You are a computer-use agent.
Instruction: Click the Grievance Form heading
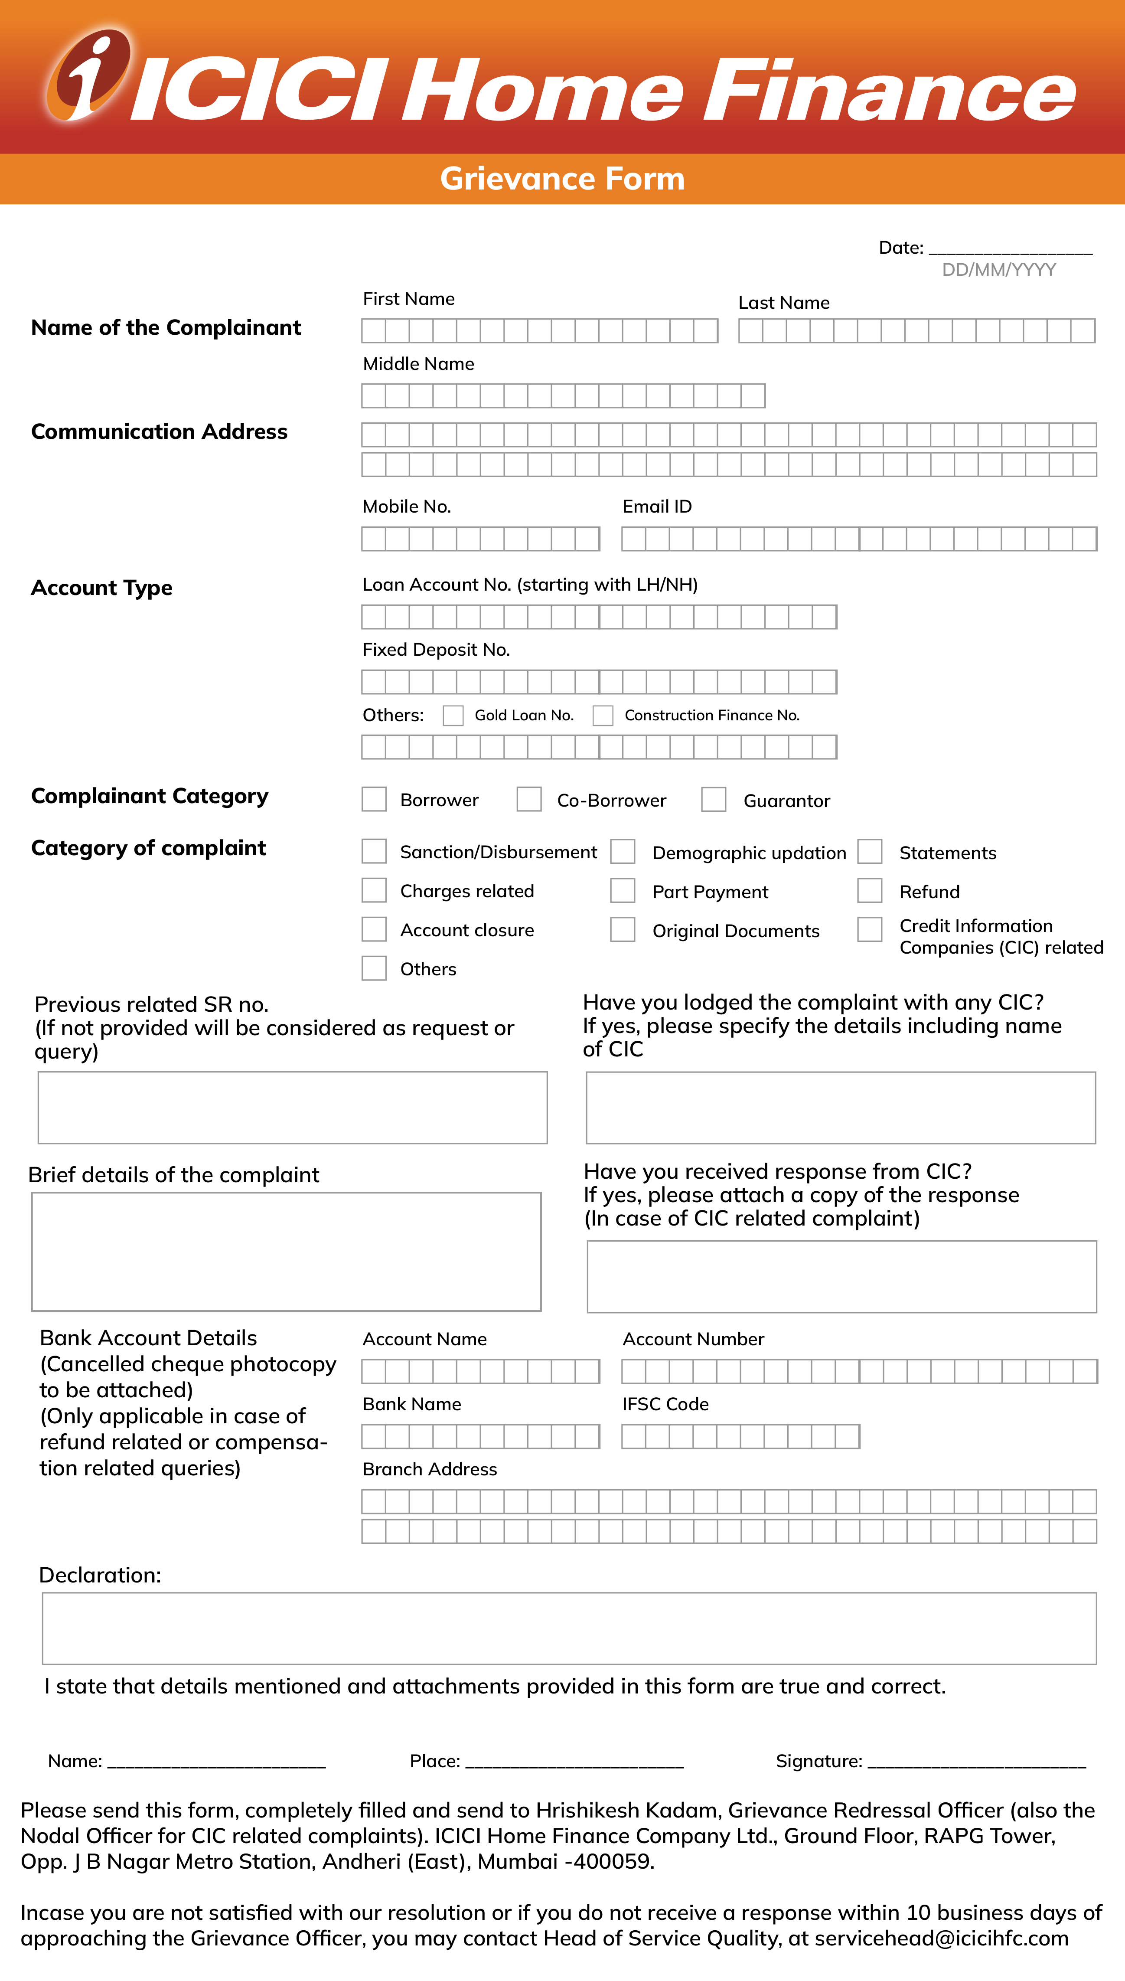pos(562,179)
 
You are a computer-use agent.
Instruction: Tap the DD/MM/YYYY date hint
pos(998,270)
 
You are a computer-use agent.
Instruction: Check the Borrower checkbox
pos(374,799)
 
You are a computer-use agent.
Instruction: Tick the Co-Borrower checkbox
pos(529,799)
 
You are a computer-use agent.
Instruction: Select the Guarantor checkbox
pos(713,799)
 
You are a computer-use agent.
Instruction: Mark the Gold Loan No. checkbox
pos(453,715)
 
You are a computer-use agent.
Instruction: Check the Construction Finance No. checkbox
pos(603,715)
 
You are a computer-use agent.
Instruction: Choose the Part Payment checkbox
pos(623,890)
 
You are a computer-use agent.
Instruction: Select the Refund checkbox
pos(870,890)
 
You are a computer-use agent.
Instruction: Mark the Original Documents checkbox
pos(623,929)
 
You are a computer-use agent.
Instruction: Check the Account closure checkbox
pos(374,929)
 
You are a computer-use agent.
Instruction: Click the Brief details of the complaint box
pos(286,1252)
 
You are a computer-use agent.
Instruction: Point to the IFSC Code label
pos(665,1404)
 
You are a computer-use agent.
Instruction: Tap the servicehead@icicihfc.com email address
pos(941,1939)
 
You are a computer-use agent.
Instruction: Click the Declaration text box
pos(569,1628)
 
